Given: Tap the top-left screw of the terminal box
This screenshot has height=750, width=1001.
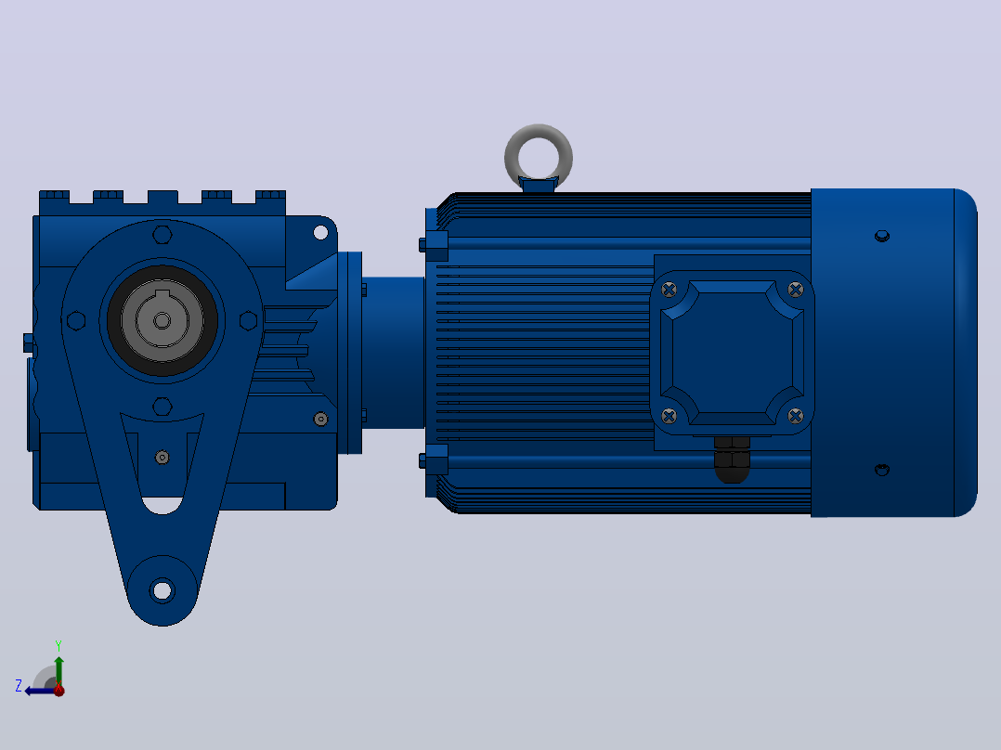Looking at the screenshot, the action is click(669, 290).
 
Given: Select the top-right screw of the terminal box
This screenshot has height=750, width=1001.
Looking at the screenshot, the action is click(796, 290).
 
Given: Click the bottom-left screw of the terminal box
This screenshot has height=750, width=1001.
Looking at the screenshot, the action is click(669, 416).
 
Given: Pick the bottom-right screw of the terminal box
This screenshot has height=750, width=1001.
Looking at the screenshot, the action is click(796, 416).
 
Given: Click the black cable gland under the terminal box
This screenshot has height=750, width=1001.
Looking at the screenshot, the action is click(732, 459).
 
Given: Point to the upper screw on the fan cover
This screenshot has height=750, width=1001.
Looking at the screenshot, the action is click(881, 236).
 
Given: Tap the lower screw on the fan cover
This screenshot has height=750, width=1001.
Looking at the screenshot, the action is click(881, 470).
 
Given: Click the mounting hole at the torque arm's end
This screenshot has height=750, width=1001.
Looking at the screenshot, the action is click(162, 590).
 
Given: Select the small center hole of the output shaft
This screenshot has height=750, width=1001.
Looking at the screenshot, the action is click(162, 320).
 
